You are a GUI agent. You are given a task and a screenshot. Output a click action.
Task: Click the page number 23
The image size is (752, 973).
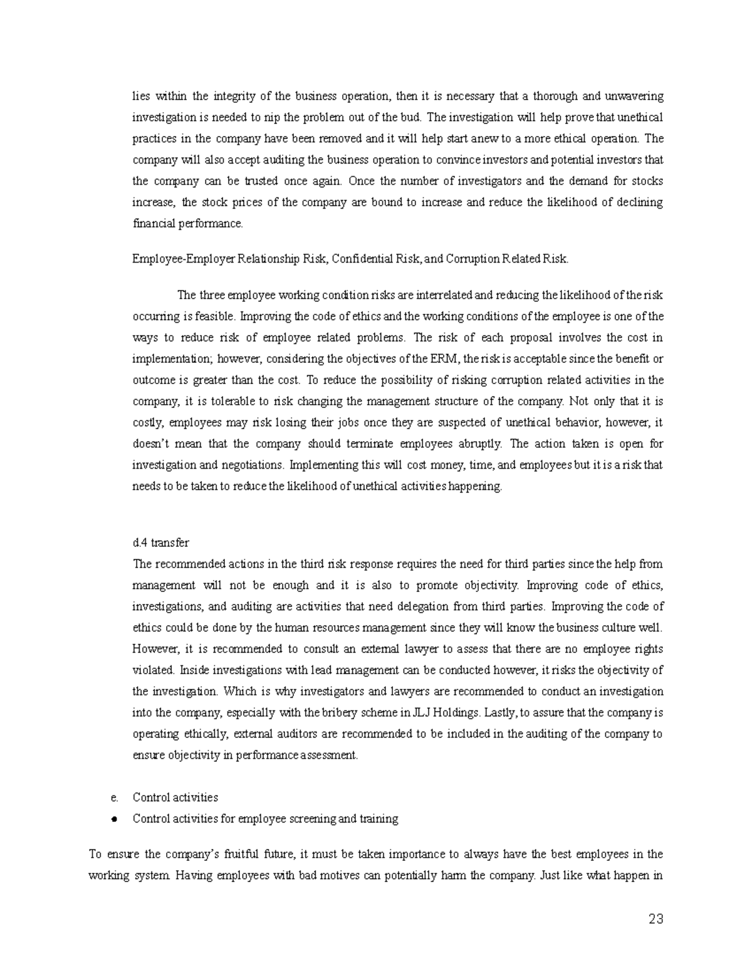[655, 920]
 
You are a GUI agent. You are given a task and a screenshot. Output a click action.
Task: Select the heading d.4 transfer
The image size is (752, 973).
[160, 543]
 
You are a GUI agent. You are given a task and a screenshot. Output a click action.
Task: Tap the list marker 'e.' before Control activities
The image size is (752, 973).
[114, 798]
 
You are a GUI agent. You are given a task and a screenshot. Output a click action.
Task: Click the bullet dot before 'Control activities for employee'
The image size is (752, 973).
[114, 819]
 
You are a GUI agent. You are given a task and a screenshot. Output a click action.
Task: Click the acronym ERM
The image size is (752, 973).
[444, 359]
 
